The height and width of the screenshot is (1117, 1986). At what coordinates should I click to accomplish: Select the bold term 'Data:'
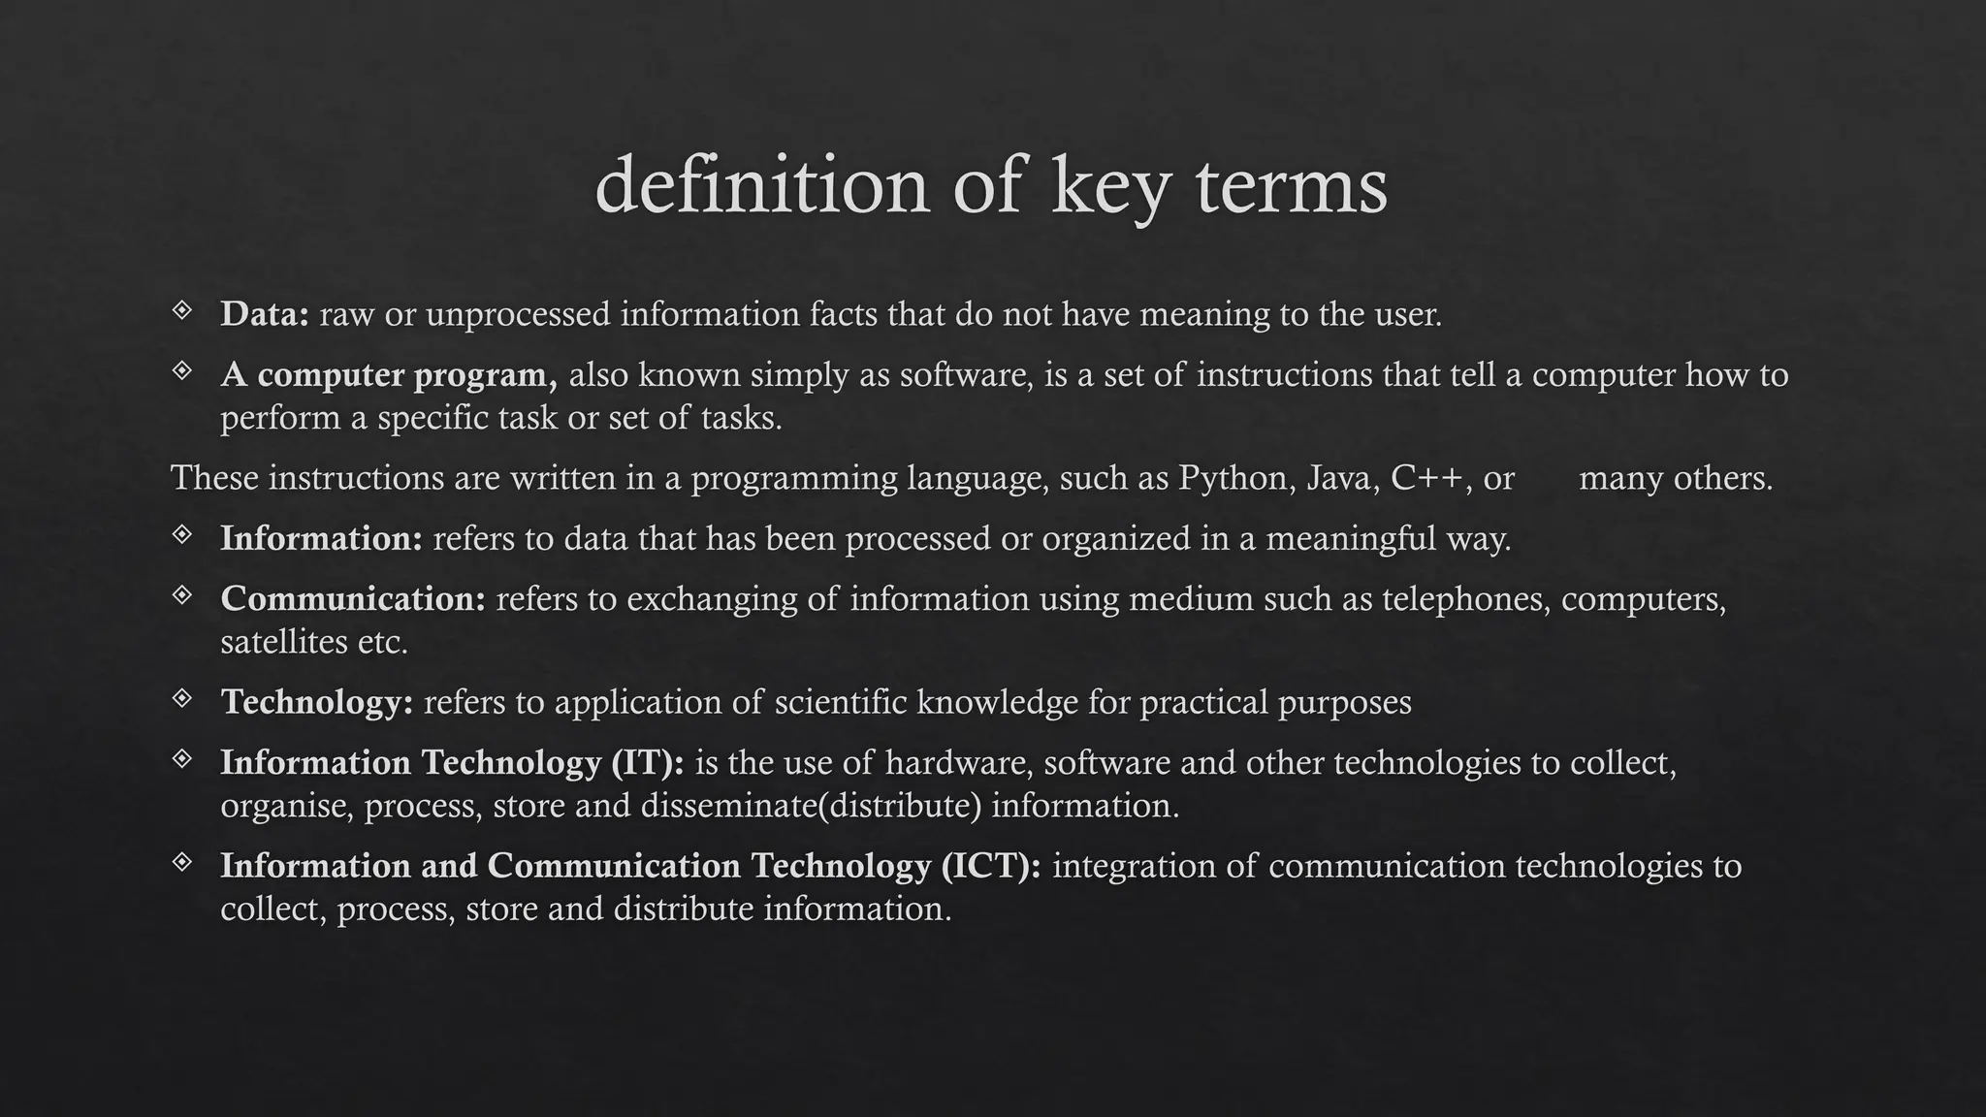pos(265,314)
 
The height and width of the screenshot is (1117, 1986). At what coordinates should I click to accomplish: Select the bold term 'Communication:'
pos(353,599)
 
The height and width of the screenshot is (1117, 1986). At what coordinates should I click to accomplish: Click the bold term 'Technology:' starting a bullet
pos(317,702)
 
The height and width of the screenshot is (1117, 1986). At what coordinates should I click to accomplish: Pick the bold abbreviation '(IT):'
pos(648,763)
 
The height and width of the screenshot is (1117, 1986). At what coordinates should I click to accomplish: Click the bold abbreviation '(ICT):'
pos(991,866)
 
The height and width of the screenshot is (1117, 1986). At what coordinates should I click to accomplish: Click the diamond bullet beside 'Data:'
pos(182,310)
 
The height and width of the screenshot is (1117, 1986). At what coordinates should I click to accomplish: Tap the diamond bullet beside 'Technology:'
pos(182,698)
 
